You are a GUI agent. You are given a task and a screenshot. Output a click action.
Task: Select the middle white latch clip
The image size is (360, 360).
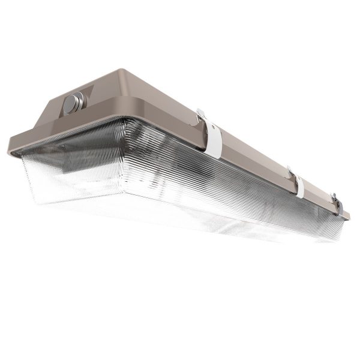[299, 186]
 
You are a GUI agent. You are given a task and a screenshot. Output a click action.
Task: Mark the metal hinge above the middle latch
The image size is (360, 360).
[290, 170]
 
